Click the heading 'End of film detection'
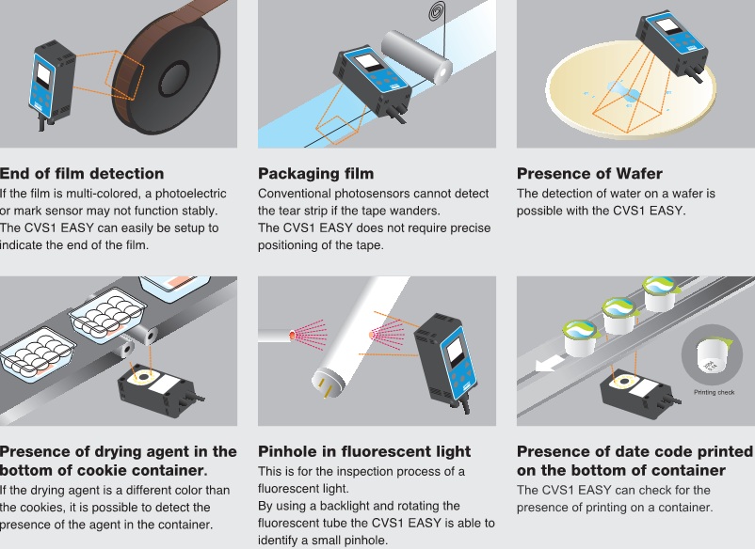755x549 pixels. (x=82, y=173)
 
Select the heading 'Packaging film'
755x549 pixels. (x=316, y=173)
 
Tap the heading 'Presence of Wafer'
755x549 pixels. (x=589, y=173)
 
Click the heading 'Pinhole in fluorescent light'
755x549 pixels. (x=364, y=451)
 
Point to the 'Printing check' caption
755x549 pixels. (x=715, y=392)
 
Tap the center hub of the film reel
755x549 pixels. (x=172, y=78)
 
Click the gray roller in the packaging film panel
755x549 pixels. (x=416, y=56)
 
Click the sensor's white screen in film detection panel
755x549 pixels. (x=43, y=75)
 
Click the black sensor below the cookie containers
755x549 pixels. (x=159, y=390)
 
